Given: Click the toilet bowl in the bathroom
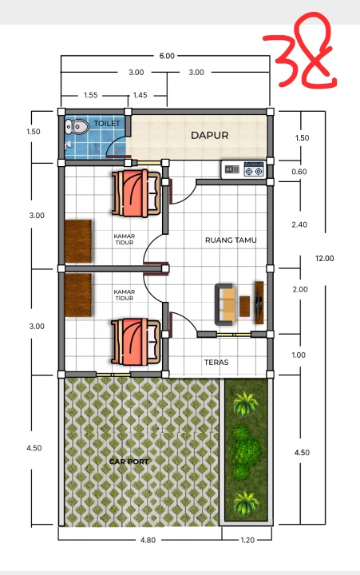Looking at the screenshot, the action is point(77,127).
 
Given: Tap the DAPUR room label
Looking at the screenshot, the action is point(210,135).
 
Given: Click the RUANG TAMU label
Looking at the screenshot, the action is point(231,240).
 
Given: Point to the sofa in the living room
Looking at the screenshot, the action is point(225,304).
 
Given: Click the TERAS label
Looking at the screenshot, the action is point(216,363).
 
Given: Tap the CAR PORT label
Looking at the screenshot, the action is point(129,462).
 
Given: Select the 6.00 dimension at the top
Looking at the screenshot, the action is point(167,56).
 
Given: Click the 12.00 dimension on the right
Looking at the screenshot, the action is point(324,258).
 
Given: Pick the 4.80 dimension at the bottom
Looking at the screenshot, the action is point(148,540).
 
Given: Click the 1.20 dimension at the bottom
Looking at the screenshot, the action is point(247,540).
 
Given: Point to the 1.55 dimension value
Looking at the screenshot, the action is point(90,95).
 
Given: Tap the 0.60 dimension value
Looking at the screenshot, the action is point(299,172).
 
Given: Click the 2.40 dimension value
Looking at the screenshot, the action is point(299,224).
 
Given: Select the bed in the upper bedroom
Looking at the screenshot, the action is point(136,192).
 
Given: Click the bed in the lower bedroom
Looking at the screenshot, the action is point(136,342).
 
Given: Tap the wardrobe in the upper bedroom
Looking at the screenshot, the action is point(78,241).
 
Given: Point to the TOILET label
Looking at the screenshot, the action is point(107,123).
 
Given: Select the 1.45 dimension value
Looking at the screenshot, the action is point(140,95).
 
